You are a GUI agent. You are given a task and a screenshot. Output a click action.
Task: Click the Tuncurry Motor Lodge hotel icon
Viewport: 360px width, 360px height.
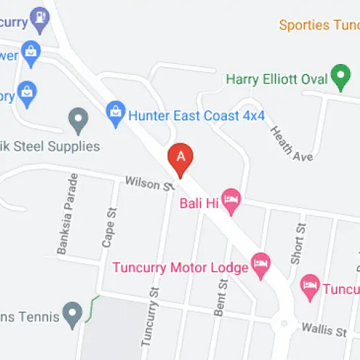point(261,266)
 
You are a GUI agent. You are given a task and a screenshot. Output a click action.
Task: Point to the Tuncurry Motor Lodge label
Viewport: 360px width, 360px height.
point(180,268)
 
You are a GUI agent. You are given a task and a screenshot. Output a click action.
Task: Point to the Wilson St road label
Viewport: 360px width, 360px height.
point(148,184)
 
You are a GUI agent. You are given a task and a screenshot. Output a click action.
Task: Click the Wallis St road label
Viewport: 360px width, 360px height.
point(324,330)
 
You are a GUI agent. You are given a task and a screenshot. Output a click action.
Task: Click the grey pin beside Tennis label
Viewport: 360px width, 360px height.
point(71,314)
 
